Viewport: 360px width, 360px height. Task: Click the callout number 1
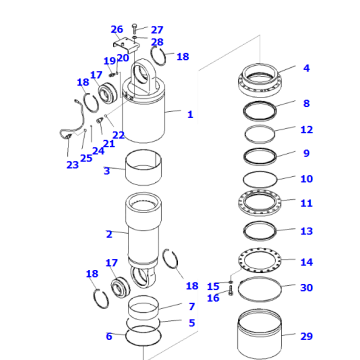click(x=190, y=114)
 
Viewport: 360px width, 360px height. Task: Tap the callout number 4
click(x=306, y=69)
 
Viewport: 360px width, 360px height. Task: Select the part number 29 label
click(x=306, y=337)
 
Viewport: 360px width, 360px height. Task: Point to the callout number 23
click(x=72, y=165)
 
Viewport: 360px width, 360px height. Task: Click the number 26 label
click(x=117, y=29)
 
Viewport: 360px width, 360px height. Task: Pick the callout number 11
click(x=306, y=203)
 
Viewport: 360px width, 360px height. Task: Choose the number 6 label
click(x=109, y=336)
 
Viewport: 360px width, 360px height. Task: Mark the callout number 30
click(x=306, y=288)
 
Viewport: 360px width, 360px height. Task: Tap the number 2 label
click(x=109, y=234)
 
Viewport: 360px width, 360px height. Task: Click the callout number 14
click(x=306, y=262)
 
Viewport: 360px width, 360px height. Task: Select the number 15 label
click(x=213, y=286)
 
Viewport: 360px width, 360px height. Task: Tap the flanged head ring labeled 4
click(x=261, y=77)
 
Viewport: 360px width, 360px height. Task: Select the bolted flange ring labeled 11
click(x=263, y=204)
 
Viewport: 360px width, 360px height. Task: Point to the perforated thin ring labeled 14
click(x=263, y=261)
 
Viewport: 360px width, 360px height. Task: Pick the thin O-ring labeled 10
click(x=263, y=178)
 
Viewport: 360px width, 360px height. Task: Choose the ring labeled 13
click(x=263, y=232)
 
